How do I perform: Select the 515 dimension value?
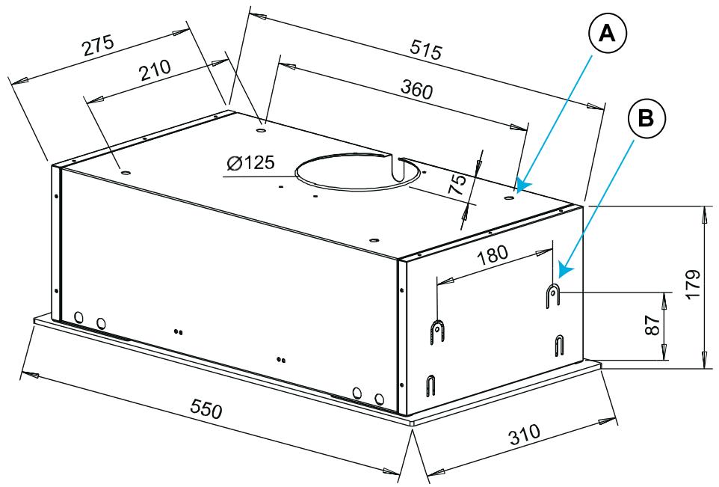pyautogui.click(x=426, y=49)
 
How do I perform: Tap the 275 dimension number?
pyautogui.click(x=98, y=46)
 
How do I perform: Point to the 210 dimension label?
pyautogui.click(x=155, y=70)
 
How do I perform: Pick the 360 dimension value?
pyautogui.click(x=416, y=89)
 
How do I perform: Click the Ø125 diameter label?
pyautogui.click(x=251, y=162)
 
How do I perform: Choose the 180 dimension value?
pyautogui.click(x=493, y=255)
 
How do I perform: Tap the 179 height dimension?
pyautogui.click(x=694, y=284)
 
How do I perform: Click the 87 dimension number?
pyautogui.click(x=652, y=325)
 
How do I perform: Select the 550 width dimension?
pyautogui.click(x=206, y=408)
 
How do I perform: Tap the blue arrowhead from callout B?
pyautogui.click(x=566, y=269)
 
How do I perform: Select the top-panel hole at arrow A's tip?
pyautogui.click(x=509, y=197)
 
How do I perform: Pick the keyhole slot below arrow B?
pyautogui.click(x=553, y=295)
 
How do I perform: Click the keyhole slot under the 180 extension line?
pyautogui.click(x=437, y=333)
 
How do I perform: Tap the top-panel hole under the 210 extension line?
pyautogui.click(x=124, y=173)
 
